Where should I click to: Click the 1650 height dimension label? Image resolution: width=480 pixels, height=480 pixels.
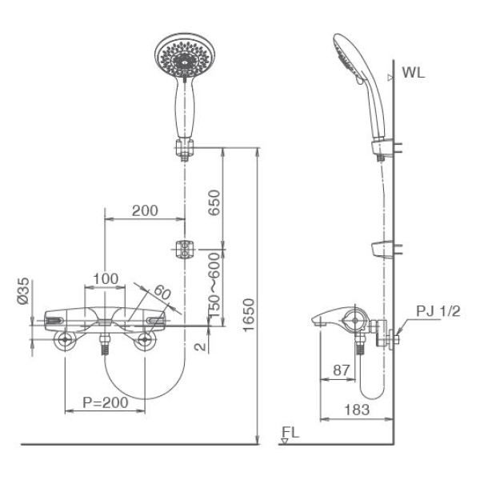[x=248, y=315]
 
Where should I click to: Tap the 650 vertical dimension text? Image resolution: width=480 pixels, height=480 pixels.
[x=214, y=203]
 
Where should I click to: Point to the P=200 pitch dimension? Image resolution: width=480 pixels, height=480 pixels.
[x=106, y=402]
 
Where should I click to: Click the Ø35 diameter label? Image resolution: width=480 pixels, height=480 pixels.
[x=23, y=291]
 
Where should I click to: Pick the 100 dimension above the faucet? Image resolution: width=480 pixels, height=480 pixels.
[x=106, y=279]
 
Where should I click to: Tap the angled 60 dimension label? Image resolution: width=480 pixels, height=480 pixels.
[x=162, y=292]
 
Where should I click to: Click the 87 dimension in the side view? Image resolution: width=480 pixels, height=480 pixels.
[x=341, y=370]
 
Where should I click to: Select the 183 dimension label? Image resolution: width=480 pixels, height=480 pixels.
[x=357, y=410]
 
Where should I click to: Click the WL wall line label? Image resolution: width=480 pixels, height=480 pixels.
[x=414, y=73]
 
